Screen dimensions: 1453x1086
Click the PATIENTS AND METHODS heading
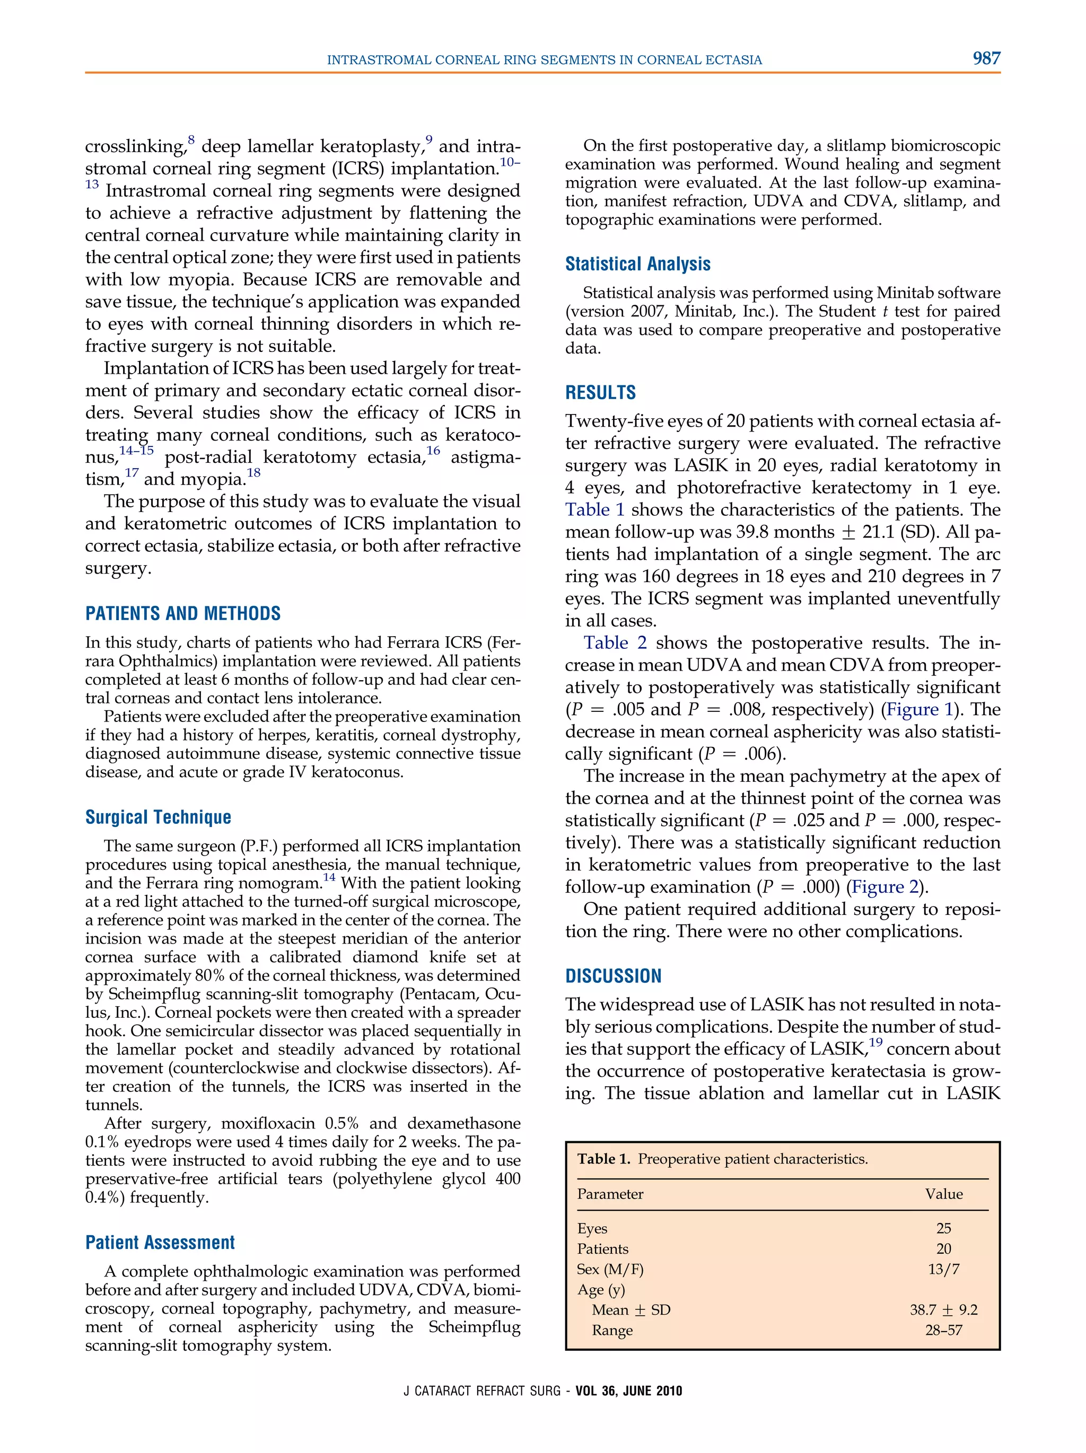tap(182, 613)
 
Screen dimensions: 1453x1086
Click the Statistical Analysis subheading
tap(637, 264)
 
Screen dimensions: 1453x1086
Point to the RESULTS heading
tap(600, 393)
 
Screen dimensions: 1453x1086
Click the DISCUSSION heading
tap(613, 976)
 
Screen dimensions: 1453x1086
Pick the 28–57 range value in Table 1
tap(943, 1330)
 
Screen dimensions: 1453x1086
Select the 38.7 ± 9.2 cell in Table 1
tap(943, 1310)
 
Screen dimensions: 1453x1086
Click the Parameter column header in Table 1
tap(610, 1194)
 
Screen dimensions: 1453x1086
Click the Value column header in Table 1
tap(943, 1194)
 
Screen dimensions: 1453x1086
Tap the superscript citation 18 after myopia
tap(253, 473)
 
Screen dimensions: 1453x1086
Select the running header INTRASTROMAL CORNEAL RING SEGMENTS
tap(544, 60)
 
